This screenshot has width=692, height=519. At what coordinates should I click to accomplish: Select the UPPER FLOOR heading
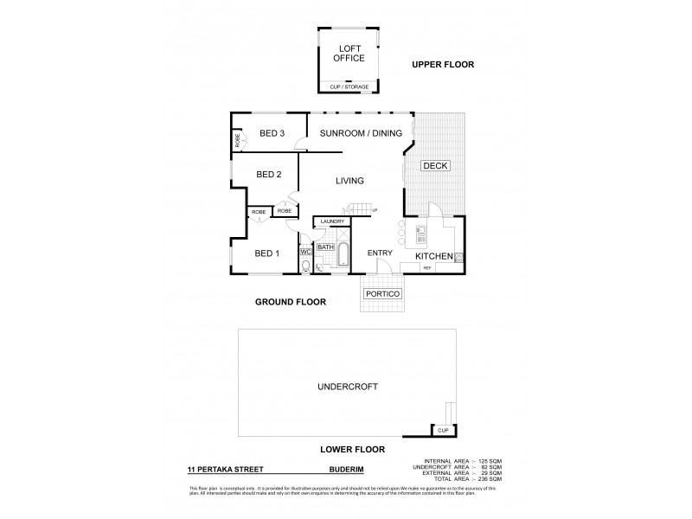pos(443,65)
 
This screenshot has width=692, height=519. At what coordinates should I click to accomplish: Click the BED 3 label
pos(272,133)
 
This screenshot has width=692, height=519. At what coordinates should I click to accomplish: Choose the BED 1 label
pos(266,253)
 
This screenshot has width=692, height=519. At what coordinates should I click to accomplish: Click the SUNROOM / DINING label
pos(354,134)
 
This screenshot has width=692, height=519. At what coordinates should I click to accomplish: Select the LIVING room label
pos(349,181)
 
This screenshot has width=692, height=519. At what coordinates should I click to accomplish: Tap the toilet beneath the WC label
pos(305,266)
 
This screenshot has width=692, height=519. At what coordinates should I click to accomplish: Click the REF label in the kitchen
pos(426,268)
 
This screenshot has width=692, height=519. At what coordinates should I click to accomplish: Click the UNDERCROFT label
pos(349,387)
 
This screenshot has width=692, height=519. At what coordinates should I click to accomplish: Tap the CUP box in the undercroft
pos(443,430)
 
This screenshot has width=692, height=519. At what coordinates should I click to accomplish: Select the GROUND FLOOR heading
pos(290,303)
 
